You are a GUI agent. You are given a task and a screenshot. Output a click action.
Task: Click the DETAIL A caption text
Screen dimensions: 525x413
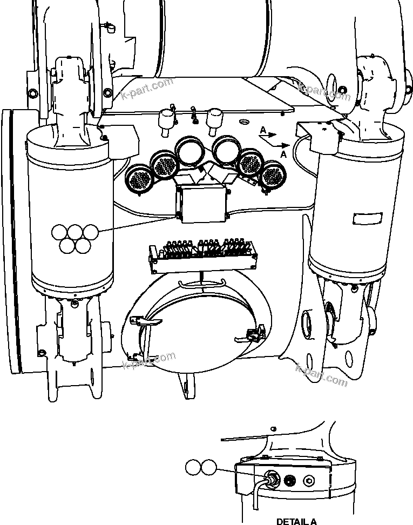click(x=296, y=521)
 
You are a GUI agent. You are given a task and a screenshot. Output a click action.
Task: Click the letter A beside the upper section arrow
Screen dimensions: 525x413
click(x=262, y=130)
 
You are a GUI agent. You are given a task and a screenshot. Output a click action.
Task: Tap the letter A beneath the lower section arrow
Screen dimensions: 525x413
click(x=284, y=154)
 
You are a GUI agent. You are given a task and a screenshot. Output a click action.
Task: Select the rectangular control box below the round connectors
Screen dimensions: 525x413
click(x=203, y=204)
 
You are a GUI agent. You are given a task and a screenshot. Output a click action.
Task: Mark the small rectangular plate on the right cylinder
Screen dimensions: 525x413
click(x=366, y=219)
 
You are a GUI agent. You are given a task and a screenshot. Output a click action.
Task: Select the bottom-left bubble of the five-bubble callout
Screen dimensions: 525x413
click(x=67, y=246)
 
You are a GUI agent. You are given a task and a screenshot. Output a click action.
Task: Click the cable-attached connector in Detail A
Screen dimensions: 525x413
click(x=272, y=479)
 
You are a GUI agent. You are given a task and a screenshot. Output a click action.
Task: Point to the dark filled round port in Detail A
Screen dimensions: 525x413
click(x=290, y=479)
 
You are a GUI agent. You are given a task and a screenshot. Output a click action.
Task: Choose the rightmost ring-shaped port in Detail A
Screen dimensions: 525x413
click(x=309, y=479)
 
